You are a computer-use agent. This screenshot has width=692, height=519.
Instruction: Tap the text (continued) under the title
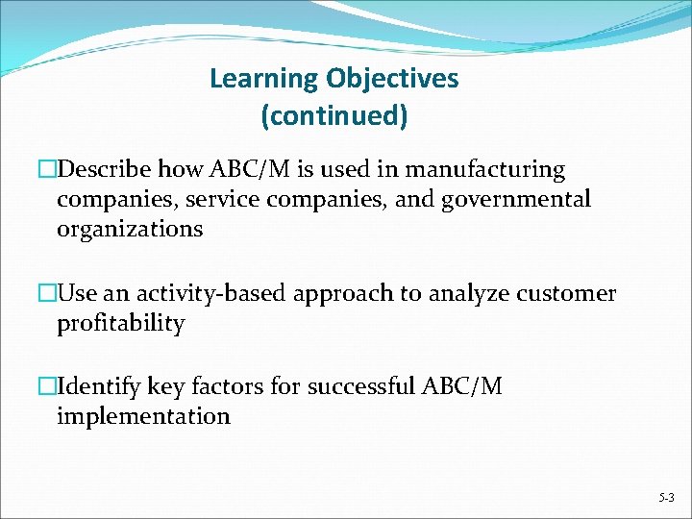click(x=334, y=116)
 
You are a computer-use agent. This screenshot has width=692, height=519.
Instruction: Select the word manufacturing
click(x=485, y=170)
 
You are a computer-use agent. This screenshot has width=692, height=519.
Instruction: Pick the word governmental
click(x=516, y=200)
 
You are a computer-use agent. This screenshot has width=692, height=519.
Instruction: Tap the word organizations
click(x=130, y=230)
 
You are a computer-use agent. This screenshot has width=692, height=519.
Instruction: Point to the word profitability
click(x=120, y=323)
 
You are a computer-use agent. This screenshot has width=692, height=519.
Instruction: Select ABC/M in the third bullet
click(x=461, y=387)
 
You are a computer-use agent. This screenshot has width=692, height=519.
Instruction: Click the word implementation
click(x=143, y=417)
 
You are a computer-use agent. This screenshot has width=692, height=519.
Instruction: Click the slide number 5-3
click(x=666, y=499)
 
